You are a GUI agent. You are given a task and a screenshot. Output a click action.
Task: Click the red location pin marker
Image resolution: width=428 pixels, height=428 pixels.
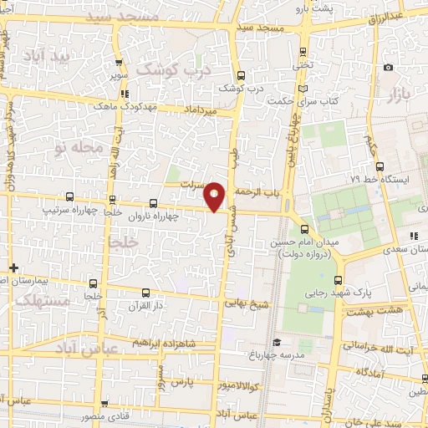click(215, 196)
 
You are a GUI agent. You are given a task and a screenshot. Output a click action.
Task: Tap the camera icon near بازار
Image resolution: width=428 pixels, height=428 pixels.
click(387, 68)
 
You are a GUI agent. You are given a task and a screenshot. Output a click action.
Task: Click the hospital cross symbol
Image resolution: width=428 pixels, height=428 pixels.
click(13, 267)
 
